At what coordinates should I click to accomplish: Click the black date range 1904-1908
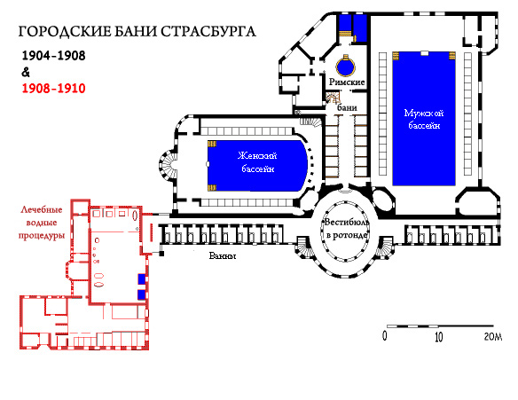pos(53,56)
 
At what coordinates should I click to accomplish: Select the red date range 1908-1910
pos(53,88)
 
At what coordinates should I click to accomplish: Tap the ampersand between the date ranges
pos(26,72)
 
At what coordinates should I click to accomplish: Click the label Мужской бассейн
pos(424,119)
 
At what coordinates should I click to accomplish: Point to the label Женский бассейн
pos(257,161)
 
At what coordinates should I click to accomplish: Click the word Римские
pos(347,82)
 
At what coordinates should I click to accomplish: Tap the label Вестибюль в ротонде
pos(346,228)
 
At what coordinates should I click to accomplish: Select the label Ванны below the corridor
pos(223,255)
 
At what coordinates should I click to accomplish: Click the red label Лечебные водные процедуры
pos(42,223)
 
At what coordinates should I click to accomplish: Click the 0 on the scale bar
pos(385,336)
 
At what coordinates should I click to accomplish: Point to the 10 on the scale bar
pos(438,337)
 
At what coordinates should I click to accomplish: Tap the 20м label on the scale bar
pos(493,336)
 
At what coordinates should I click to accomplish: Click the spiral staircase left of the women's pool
pos(169,164)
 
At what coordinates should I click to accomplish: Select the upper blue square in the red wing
pos(142,278)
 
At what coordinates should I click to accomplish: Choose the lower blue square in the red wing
pos(142,294)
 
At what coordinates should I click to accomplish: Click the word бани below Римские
pos(347,107)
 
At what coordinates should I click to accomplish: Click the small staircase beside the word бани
pos(333,98)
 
